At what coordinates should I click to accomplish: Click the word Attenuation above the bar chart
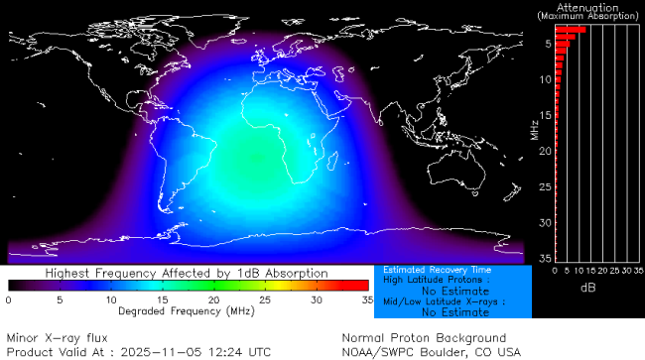[588, 7]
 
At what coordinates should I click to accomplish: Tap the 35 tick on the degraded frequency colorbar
[366, 299]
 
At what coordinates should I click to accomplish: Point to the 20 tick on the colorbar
[213, 299]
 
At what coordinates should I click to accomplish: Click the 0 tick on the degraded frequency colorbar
[9, 299]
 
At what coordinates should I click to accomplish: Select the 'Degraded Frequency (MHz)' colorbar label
[187, 310]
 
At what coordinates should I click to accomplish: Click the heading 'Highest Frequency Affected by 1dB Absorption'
[187, 273]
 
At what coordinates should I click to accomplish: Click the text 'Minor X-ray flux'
[64, 338]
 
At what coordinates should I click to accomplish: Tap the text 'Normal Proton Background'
[424, 338]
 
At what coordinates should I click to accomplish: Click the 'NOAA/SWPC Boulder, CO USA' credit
[431, 351]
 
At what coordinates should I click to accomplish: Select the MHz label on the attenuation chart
[535, 129]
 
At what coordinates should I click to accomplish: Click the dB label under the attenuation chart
[588, 287]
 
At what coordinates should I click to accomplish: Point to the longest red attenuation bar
[570, 30]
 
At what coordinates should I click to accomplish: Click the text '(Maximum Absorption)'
[588, 17]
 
